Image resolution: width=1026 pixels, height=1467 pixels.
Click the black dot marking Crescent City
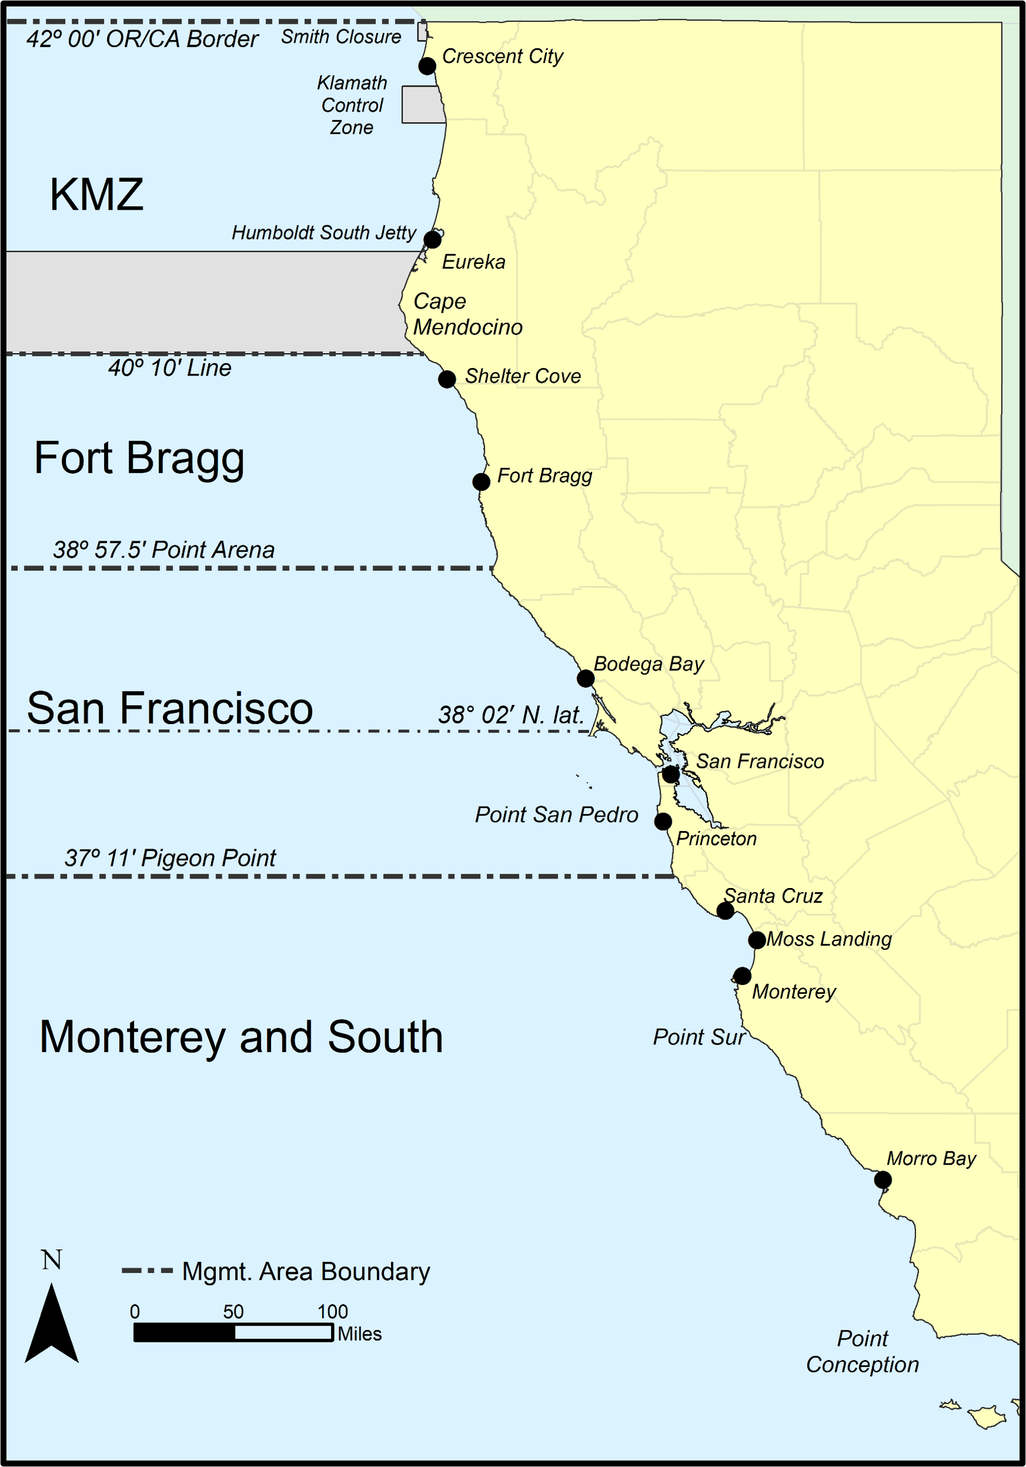pos(427,66)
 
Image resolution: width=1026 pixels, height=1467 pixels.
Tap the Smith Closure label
pos(341,37)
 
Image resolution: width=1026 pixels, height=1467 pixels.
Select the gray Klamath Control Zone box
pos(422,105)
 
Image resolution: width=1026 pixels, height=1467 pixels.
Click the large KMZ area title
pos(96,194)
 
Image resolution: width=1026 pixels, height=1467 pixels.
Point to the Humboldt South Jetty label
pos(324,232)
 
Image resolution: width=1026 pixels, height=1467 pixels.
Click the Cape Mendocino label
pos(467,314)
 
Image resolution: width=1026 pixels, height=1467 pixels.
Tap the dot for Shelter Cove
pos(446,379)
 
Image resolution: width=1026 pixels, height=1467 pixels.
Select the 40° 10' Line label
pos(169,369)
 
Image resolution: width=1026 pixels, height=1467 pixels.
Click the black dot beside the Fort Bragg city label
pos(481,481)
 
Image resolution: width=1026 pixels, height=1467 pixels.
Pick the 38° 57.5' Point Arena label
pos(163,550)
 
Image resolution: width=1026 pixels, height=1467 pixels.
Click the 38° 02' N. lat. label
pos(511,715)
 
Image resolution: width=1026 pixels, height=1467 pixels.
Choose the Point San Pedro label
pos(556,815)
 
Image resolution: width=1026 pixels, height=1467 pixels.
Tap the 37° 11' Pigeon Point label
pos(170,858)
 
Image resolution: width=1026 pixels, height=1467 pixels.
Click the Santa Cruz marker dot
pos(725,911)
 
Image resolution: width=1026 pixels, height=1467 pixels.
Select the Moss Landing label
pos(829,939)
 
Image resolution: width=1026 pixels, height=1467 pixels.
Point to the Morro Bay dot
pos(882,1179)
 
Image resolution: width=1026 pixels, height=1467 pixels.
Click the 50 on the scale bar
pos(233,1312)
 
